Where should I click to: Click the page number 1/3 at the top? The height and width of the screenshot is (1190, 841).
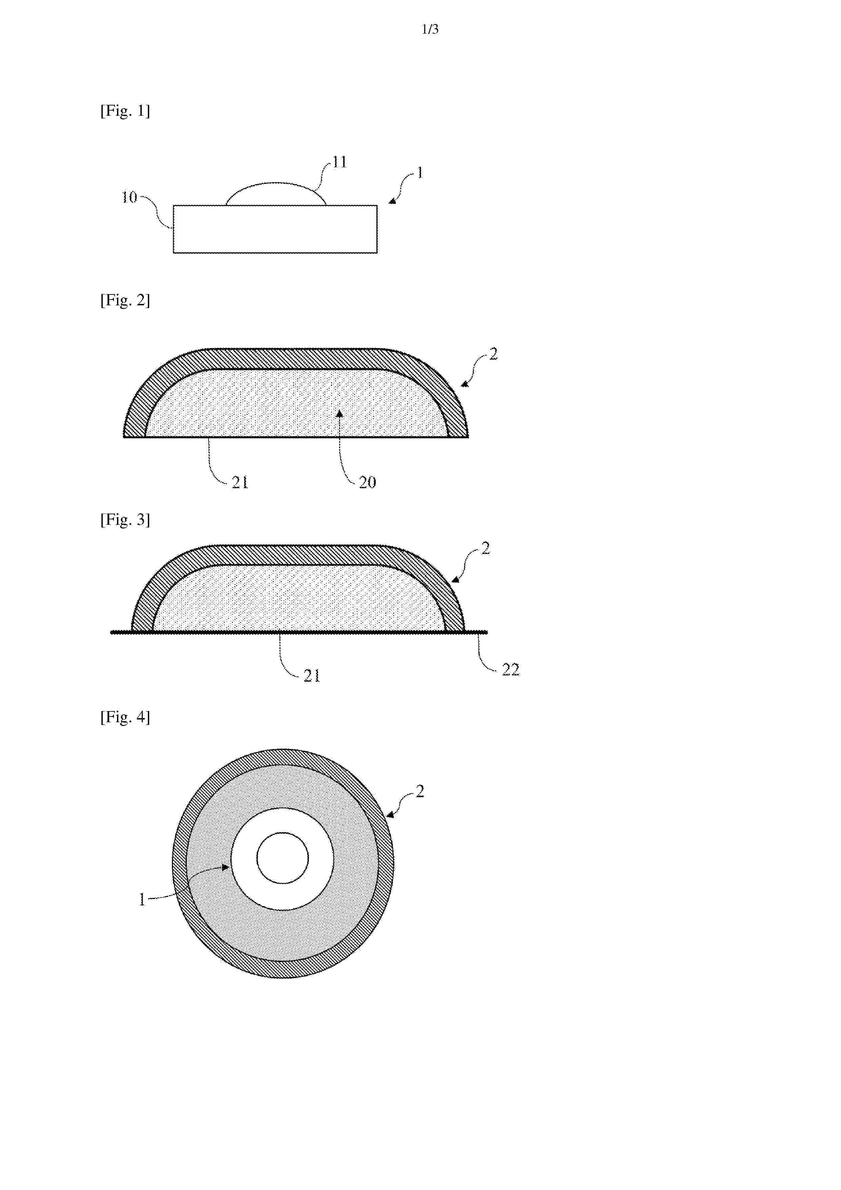430,30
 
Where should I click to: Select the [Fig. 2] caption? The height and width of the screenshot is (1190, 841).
125,300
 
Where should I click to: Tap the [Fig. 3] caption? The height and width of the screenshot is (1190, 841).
125,519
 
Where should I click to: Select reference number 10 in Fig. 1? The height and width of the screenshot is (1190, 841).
129,197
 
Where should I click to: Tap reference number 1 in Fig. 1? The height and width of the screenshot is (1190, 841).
420,173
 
